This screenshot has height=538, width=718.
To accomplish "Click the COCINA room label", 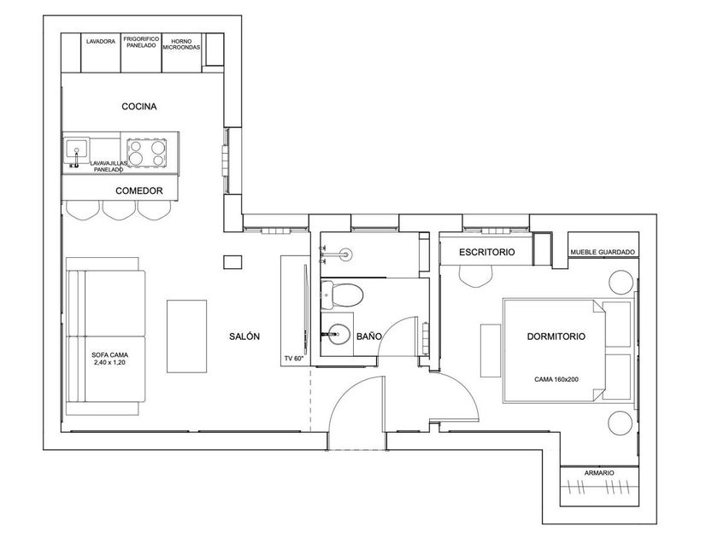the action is (x=139, y=107).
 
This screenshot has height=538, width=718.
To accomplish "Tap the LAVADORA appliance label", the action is (x=101, y=42).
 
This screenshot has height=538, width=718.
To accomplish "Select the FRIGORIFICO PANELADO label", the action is (x=142, y=42).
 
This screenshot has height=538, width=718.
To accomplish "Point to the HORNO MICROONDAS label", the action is (x=181, y=44).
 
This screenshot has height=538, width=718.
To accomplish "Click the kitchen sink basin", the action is (x=76, y=149).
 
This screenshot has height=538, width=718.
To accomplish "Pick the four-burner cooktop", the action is (x=146, y=152).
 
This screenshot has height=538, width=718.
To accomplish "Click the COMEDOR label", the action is (x=139, y=190).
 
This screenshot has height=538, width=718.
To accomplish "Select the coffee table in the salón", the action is (x=186, y=336).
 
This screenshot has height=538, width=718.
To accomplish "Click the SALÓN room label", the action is (x=244, y=336).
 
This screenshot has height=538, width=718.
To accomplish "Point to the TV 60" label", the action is (x=294, y=359).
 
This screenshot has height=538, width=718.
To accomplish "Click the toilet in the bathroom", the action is (x=342, y=295).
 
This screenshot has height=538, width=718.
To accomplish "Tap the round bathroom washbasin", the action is (x=339, y=334).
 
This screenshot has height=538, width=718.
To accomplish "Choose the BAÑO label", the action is (x=369, y=336).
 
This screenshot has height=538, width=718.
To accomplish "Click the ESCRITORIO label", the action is (x=486, y=252).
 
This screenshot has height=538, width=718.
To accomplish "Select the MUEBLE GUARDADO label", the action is (x=603, y=252).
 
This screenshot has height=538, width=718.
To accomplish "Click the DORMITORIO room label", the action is (x=556, y=336).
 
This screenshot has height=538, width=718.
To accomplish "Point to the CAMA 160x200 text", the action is (x=556, y=379).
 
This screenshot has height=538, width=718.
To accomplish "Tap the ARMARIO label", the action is (x=599, y=473).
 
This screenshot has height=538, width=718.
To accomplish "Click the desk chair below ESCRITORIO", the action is (x=476, y=277).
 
